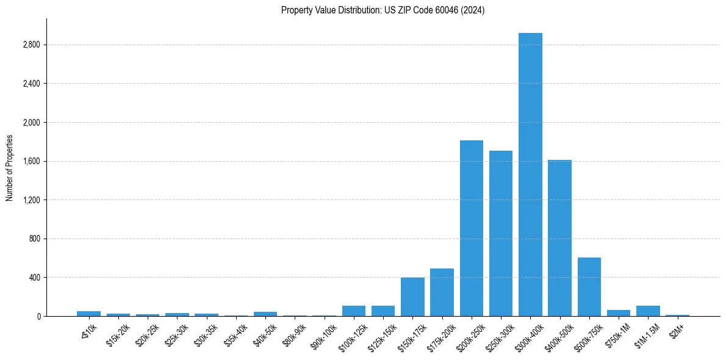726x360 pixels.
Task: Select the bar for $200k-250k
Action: tap(472, 228)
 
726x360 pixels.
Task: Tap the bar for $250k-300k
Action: tap(501, 233)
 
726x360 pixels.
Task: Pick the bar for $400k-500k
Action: tap(559, 238)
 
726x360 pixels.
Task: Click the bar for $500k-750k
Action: tap(589, 287)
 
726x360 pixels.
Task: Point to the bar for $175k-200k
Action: tap(442, 292)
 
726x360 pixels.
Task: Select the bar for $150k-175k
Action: tap(412, 297)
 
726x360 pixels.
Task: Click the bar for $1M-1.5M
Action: tap(648, 311)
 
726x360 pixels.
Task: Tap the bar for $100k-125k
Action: tap(354, 311)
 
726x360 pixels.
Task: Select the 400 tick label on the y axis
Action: tap(34, 278)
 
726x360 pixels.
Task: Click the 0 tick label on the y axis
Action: tap(38, 316)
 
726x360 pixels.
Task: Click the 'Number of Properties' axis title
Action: tap(10, 167)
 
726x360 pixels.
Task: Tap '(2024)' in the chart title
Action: tap(473, 10)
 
